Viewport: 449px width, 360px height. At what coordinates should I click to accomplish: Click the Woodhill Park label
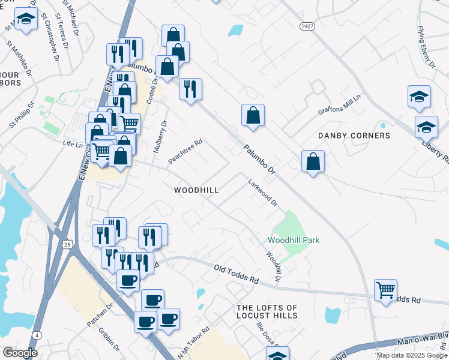pos(293,240)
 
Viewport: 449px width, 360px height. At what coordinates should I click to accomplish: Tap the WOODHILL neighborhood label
pos(196,190)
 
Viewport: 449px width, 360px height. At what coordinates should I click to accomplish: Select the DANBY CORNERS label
pos(354,136)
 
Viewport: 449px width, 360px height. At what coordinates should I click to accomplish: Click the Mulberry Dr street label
pos(160,136)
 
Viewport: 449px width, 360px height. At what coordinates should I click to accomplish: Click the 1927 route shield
pos(307,26)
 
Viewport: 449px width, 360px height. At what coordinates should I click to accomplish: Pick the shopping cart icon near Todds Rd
pos(385,290)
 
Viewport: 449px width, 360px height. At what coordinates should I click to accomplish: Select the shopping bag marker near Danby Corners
pos(313,161)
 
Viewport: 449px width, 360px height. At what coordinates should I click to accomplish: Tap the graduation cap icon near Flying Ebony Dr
pos(419,97)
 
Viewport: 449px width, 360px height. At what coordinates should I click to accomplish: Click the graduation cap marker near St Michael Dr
pos(25,19)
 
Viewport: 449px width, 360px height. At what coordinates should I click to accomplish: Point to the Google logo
pos(20,353)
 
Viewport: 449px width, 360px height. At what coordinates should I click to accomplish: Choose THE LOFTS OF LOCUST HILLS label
pos(267,311)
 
